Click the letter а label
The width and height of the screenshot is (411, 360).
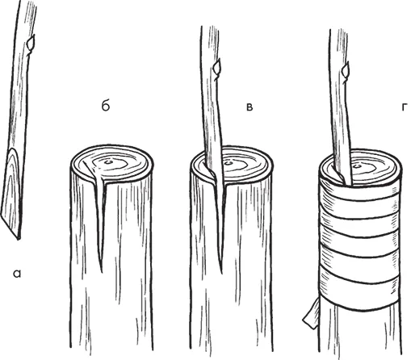click(17, 274)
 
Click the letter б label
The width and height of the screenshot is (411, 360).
click(106, 107)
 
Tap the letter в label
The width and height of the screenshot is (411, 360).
click(250, 107)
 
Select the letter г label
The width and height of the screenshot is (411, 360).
click(405, 107)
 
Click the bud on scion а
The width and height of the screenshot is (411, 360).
click(31, 43)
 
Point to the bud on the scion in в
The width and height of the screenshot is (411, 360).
click(217, 67)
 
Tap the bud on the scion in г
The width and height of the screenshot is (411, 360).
click(346, 69)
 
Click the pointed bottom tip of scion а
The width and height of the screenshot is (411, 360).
click(18, 238)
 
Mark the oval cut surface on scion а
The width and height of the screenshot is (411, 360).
click(11, 188)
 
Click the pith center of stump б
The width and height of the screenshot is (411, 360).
click(109, 162)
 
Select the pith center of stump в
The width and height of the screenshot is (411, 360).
click(229, 163)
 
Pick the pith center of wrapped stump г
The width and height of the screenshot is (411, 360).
click(358, 165)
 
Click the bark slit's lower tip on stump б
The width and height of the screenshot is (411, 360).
click(102, 271)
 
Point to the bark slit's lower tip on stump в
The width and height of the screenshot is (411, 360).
click(222, 272)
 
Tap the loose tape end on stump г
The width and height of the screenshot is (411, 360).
click(311, 315)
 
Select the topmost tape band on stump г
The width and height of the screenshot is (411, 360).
click(361, 192)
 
